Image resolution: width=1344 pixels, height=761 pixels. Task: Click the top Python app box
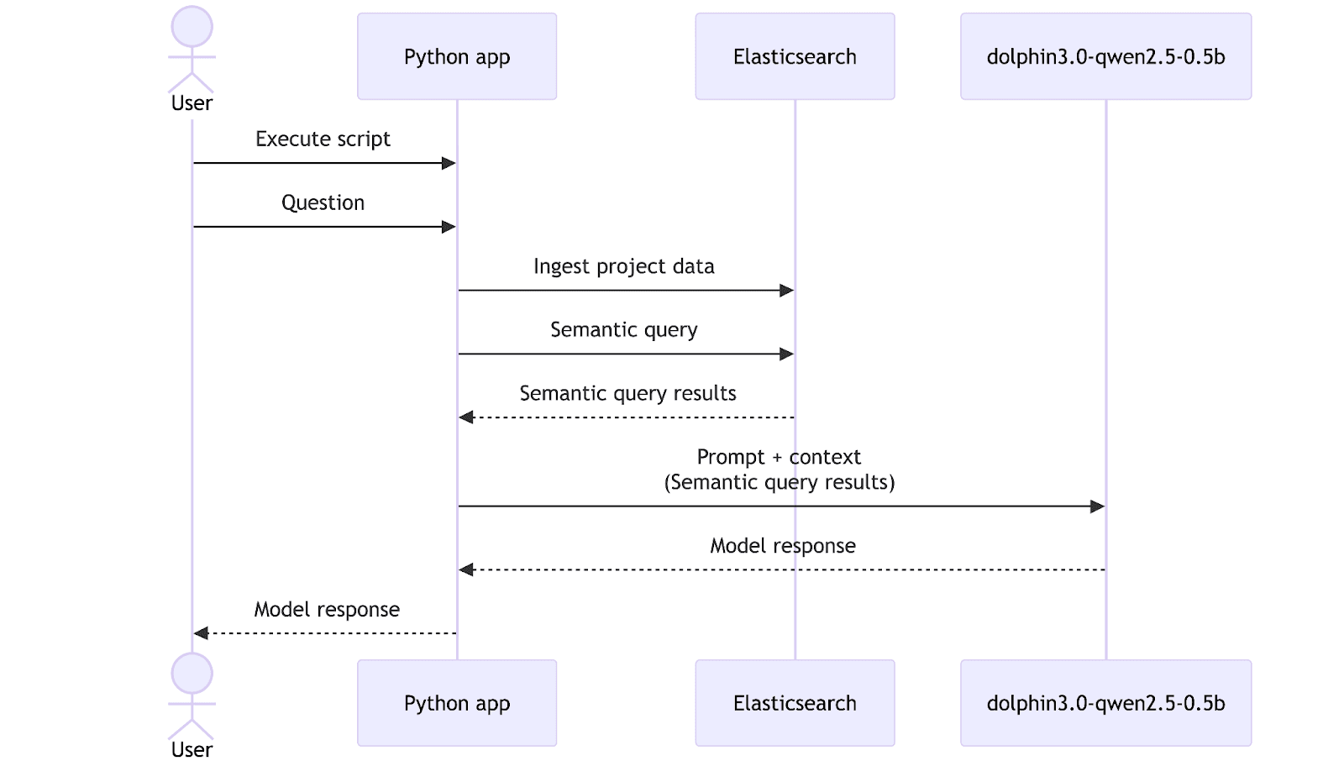point(456,56)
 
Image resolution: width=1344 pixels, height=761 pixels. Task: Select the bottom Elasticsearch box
point(794,703)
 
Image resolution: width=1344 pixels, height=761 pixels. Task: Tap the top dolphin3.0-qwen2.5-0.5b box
point(1105,56)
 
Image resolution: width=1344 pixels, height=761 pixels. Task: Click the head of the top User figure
point(192,27)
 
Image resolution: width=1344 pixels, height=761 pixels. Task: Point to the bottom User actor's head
point(192,674)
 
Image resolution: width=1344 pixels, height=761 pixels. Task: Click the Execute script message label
point(323,139)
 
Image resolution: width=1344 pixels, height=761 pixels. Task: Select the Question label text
point(323,202)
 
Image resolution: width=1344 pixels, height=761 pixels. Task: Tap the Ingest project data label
point(623,266)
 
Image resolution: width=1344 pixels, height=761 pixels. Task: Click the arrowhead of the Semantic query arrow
point(786,354)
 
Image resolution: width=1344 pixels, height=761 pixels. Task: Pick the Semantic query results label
point(627,393)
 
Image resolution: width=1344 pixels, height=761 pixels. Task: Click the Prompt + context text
point(779,457)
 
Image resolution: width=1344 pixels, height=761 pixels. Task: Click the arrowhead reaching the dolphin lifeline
point(1097,506)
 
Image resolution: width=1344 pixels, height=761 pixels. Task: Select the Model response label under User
point(327,609)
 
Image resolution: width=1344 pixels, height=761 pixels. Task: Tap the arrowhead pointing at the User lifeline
point(201,633)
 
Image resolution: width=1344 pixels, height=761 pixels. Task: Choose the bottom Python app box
point(456,703)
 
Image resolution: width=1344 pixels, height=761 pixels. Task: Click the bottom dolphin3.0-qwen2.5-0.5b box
point(1105,703)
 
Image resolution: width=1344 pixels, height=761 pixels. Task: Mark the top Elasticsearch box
point(794,56)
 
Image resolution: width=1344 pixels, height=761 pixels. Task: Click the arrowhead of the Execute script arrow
point(449,163)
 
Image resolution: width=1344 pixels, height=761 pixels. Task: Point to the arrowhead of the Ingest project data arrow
point(786,291)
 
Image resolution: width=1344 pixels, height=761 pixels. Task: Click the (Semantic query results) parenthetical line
point(779,482)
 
